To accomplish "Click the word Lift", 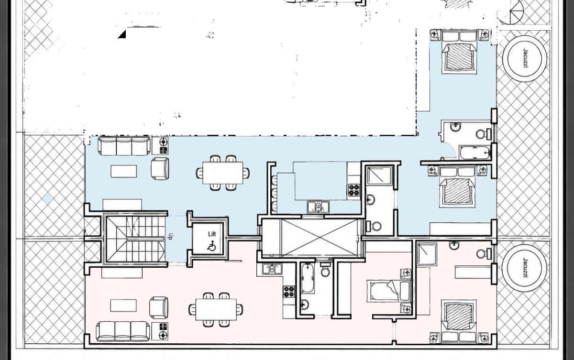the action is click(212, 234).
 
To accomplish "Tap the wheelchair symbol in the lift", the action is click(211, 247).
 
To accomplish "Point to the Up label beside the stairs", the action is click(170, 236).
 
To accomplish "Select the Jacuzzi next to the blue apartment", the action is click(525, 59).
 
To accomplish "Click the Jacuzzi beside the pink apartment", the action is click(525, 268).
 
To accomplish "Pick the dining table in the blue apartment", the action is click(223, 173).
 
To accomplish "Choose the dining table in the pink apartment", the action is click(216, 309).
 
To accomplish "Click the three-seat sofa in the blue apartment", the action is click(124, 146).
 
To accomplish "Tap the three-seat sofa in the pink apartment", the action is click(123, 331).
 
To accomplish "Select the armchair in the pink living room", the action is click(159, 307).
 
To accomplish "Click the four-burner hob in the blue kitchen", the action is click(354, 190).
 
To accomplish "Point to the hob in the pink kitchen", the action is click(289, 292).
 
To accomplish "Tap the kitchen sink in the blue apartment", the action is click(318, 207).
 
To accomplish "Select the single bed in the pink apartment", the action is click(389, 291).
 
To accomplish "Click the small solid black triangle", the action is click(122, 34).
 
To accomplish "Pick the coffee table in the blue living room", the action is click(124, 171).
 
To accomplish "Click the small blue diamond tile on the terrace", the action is click(48, 199).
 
